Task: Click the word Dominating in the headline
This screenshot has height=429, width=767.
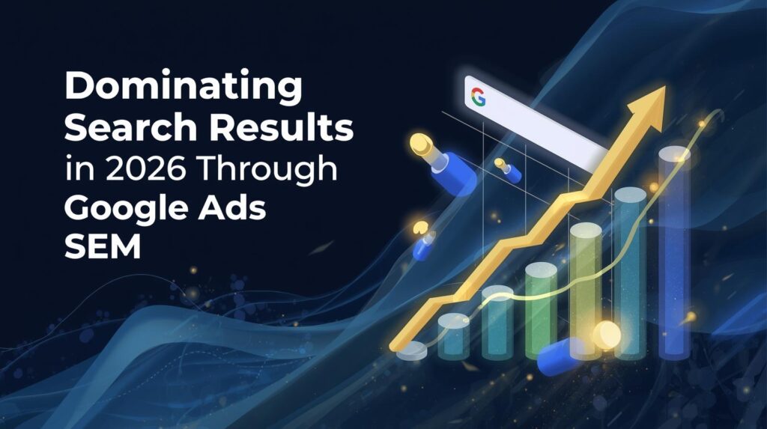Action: [184, 89]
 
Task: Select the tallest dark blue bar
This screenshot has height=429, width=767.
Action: [673, 255]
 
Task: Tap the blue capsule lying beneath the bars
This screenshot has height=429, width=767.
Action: [563, 355]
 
